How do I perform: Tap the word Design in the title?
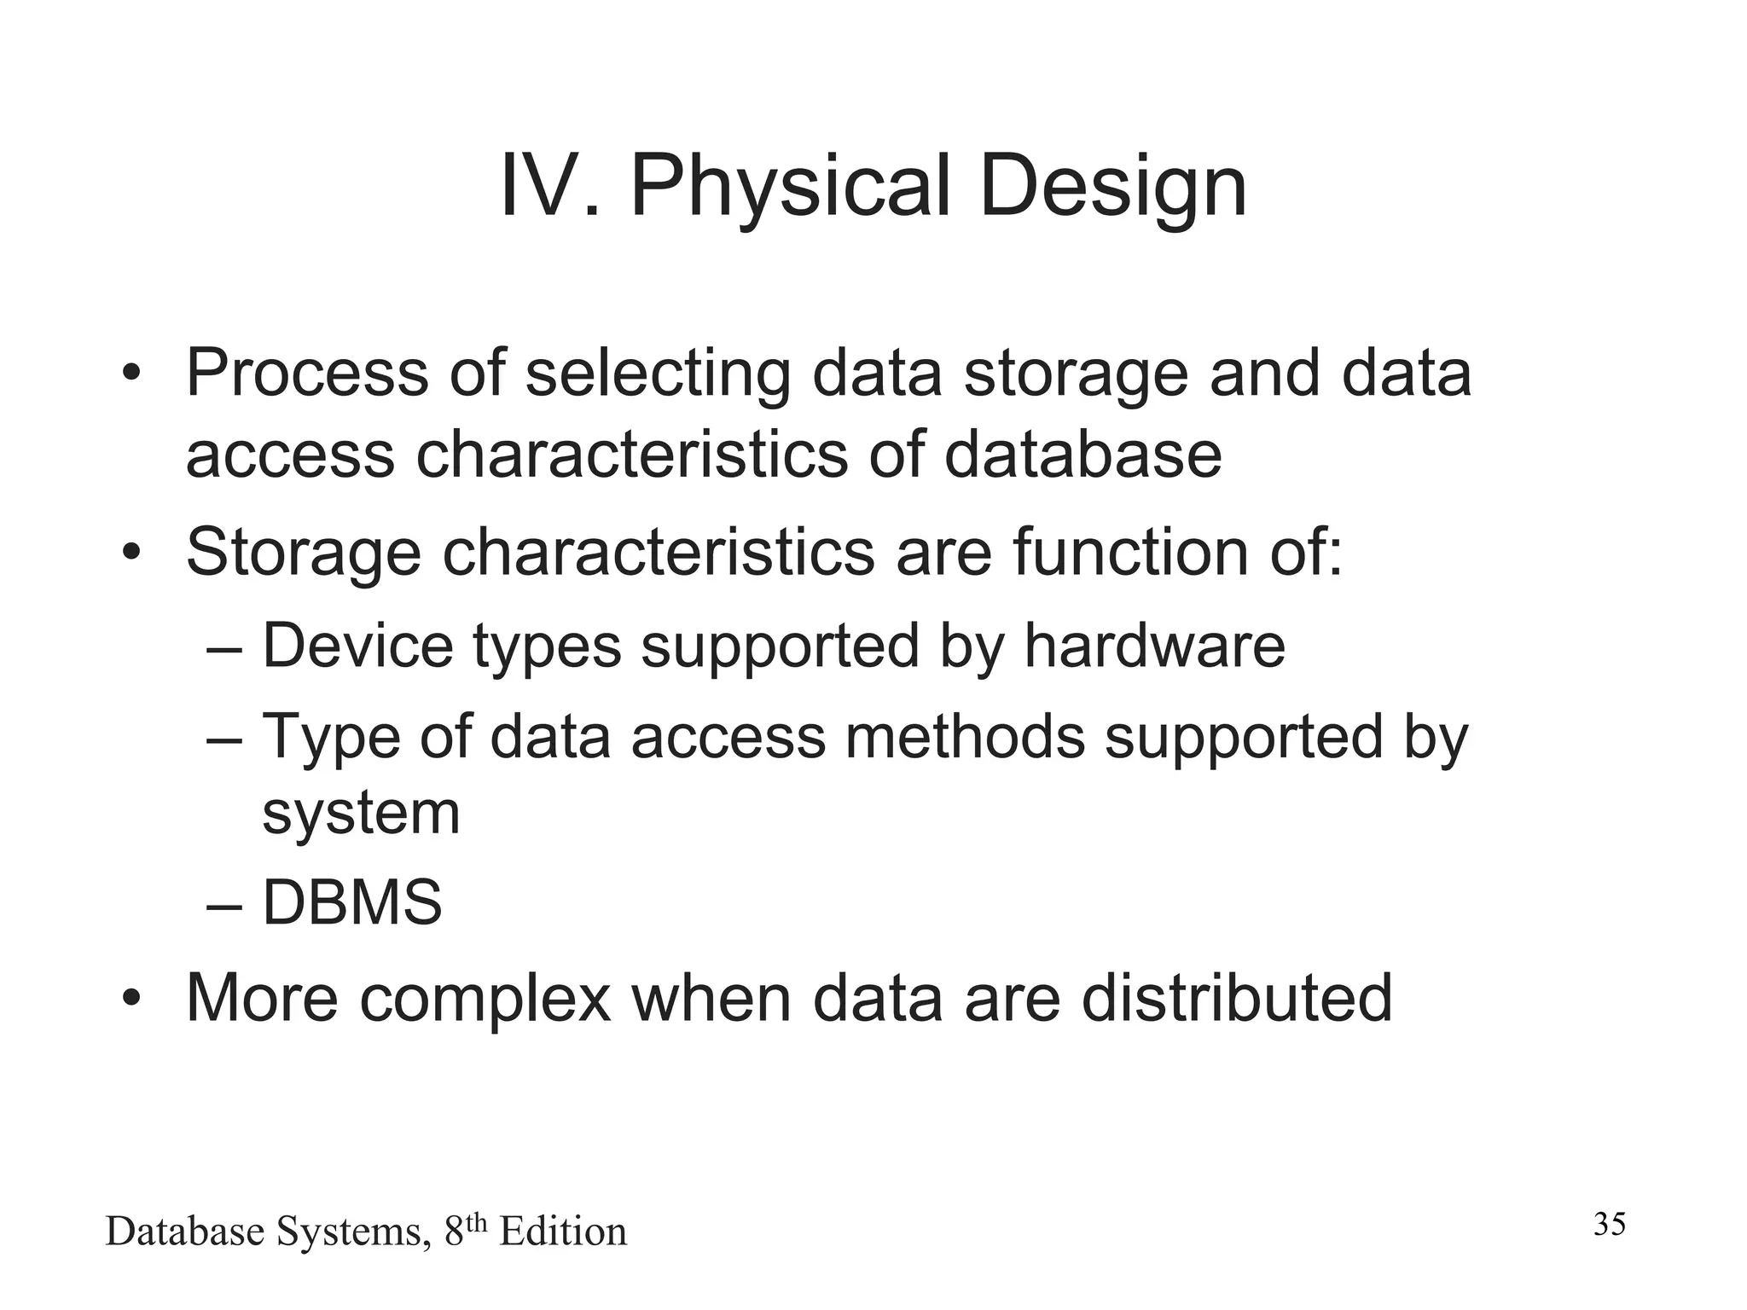click(x=1113, y=189)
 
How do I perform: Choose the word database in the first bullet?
click(x=1082, y=455)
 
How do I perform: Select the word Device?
click(x=357, y=646)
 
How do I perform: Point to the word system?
click(x=361, y=814)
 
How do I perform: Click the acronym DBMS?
click(x=352, y=903)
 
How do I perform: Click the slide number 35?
click(x=1610, y=1225)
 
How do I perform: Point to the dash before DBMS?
click(x=224, y=907)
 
